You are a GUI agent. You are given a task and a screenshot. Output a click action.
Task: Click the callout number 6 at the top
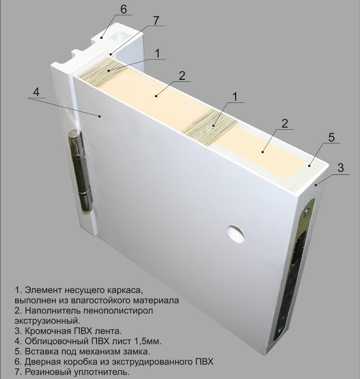(x=123, y=9)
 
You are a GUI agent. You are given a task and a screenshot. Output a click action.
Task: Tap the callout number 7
(x=156, y=20)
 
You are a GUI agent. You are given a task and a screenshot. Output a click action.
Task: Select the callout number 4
(x=36, y=92)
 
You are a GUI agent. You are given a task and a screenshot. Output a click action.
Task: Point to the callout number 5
(x=331, y=137)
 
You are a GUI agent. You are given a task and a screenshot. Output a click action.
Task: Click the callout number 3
(x=340, y=168)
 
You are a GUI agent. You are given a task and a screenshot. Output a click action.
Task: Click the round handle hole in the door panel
(x=236, y=234)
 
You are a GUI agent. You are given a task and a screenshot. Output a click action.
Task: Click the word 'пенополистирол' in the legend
(x=119, y=311)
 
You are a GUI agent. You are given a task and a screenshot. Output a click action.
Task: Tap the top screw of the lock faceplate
(x=307, y=212)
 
